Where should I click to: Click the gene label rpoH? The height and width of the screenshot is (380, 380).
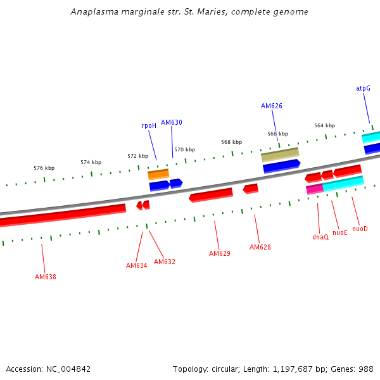(149, 126)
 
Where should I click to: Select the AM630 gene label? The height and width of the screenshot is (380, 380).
(171, 122)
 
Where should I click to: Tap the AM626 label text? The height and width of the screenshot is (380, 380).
(271, 106)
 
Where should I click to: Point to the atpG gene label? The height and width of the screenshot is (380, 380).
(363, 89)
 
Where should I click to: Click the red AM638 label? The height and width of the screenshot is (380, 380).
(45, 277)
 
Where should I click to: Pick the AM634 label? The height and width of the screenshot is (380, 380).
(136, 265)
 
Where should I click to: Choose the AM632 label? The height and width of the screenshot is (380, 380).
(165, 262)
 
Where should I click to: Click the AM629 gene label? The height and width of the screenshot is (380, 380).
(219, 253)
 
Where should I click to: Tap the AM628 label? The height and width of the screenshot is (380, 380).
(260, 247)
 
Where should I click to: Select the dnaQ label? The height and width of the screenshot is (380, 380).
(320, 237)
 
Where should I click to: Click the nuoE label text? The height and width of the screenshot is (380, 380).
(340, 232)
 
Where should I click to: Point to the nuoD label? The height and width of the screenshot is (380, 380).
(360, 229)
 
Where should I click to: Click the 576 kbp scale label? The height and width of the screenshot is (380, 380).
(44, 168)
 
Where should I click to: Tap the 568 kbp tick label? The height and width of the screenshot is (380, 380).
(231, 142)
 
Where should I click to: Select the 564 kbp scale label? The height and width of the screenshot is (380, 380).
(324, 125)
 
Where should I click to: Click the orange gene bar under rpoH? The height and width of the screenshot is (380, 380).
(158, 174)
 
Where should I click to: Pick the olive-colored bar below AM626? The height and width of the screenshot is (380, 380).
(280, 154)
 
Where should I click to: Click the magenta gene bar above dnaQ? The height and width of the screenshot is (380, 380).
(314, 189)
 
